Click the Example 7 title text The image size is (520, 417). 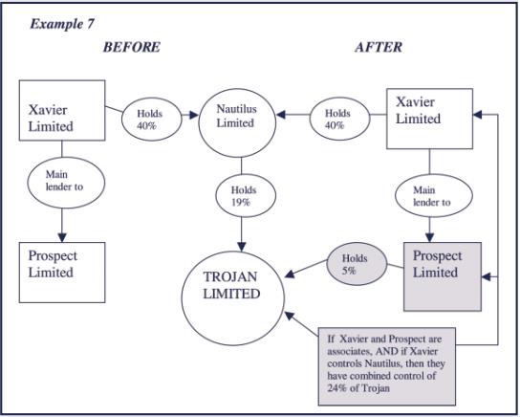click(x=62, y=24)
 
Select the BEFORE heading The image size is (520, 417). click(x=132, y=47)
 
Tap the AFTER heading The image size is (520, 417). click(x=379, y=47)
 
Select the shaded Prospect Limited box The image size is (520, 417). click(x=443, y=276)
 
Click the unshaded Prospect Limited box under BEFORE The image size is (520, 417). click(x=62, y=273)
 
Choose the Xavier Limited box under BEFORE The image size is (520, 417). click(x=62, y=110)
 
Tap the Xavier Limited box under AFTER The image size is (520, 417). click(x=429, y=119)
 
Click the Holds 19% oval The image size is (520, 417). click(x=246, y=196)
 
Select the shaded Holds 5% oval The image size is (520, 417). click(x=357, y=264)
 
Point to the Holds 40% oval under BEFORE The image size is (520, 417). click(x=152, y=120)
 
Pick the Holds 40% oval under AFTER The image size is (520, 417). click(x=339, y=119)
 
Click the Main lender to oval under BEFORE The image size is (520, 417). click(x=66, y=183)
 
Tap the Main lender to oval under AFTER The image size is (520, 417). click(x=433, y=196)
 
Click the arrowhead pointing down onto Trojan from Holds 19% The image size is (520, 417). click(x=242, y=247)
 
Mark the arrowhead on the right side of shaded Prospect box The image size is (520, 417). click(x=487, y=276)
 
